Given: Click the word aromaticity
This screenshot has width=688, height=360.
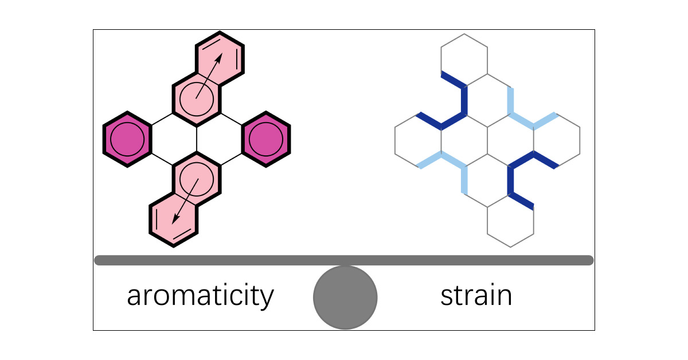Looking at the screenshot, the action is [x=200, y=296].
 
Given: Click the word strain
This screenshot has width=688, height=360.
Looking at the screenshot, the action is [x=476, y=296].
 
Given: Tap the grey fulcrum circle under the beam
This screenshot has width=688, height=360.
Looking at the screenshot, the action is [x=345, y=298].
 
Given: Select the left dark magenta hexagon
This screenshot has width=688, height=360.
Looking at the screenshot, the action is [x=127, y=139].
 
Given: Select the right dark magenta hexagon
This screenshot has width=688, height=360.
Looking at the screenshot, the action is [x=267, y=139].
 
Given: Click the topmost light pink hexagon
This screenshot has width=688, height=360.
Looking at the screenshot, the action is [x=220, y=58].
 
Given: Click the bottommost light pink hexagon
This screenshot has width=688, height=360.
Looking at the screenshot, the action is [x=173, y=220].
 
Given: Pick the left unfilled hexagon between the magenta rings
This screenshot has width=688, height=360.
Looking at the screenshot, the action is [x=173, y=139].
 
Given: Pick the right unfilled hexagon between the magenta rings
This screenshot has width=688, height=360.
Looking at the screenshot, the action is [x=220, y=139].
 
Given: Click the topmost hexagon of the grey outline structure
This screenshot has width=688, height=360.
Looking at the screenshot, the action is [x=464, y=57].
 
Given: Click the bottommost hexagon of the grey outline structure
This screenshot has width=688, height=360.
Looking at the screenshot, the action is [x=510, y=221].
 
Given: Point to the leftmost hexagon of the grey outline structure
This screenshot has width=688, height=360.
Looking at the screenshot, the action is [x=418, y=139].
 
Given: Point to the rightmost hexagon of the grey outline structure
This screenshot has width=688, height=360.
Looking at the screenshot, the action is [x=557, y=139].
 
